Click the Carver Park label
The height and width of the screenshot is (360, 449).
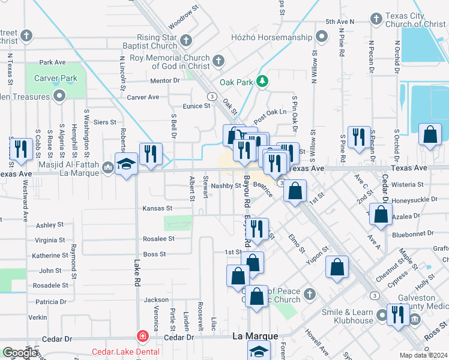(x=56, y=78)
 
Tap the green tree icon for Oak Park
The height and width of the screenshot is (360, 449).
(x=262, y=80)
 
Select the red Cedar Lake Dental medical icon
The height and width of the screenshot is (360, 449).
(x=142, y=337)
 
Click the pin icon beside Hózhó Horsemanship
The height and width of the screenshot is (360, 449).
(x=322, y=37)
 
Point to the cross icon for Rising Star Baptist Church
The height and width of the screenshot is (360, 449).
(x=186, y=40)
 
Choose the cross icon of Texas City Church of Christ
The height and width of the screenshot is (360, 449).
(x=376, y=19)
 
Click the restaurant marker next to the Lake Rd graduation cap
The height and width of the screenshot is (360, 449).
(x=150, y=154)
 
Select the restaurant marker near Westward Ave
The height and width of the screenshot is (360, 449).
(x=21, y=150)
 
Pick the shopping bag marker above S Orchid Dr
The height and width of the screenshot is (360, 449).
(x=430, y=136)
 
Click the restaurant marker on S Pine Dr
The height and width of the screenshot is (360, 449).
(x=359, y=137)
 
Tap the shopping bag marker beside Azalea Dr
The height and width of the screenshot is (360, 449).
(x=381, y=215)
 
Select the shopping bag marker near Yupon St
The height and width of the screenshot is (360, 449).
(x=337, y=266)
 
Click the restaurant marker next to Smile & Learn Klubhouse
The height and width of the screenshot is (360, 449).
(x=398, y=315)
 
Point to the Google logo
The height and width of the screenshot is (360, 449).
(x=20, y=353)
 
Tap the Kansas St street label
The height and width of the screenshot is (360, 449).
(x=157, y=208)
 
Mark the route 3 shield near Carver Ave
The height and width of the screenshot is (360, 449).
(x=211, y=95)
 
